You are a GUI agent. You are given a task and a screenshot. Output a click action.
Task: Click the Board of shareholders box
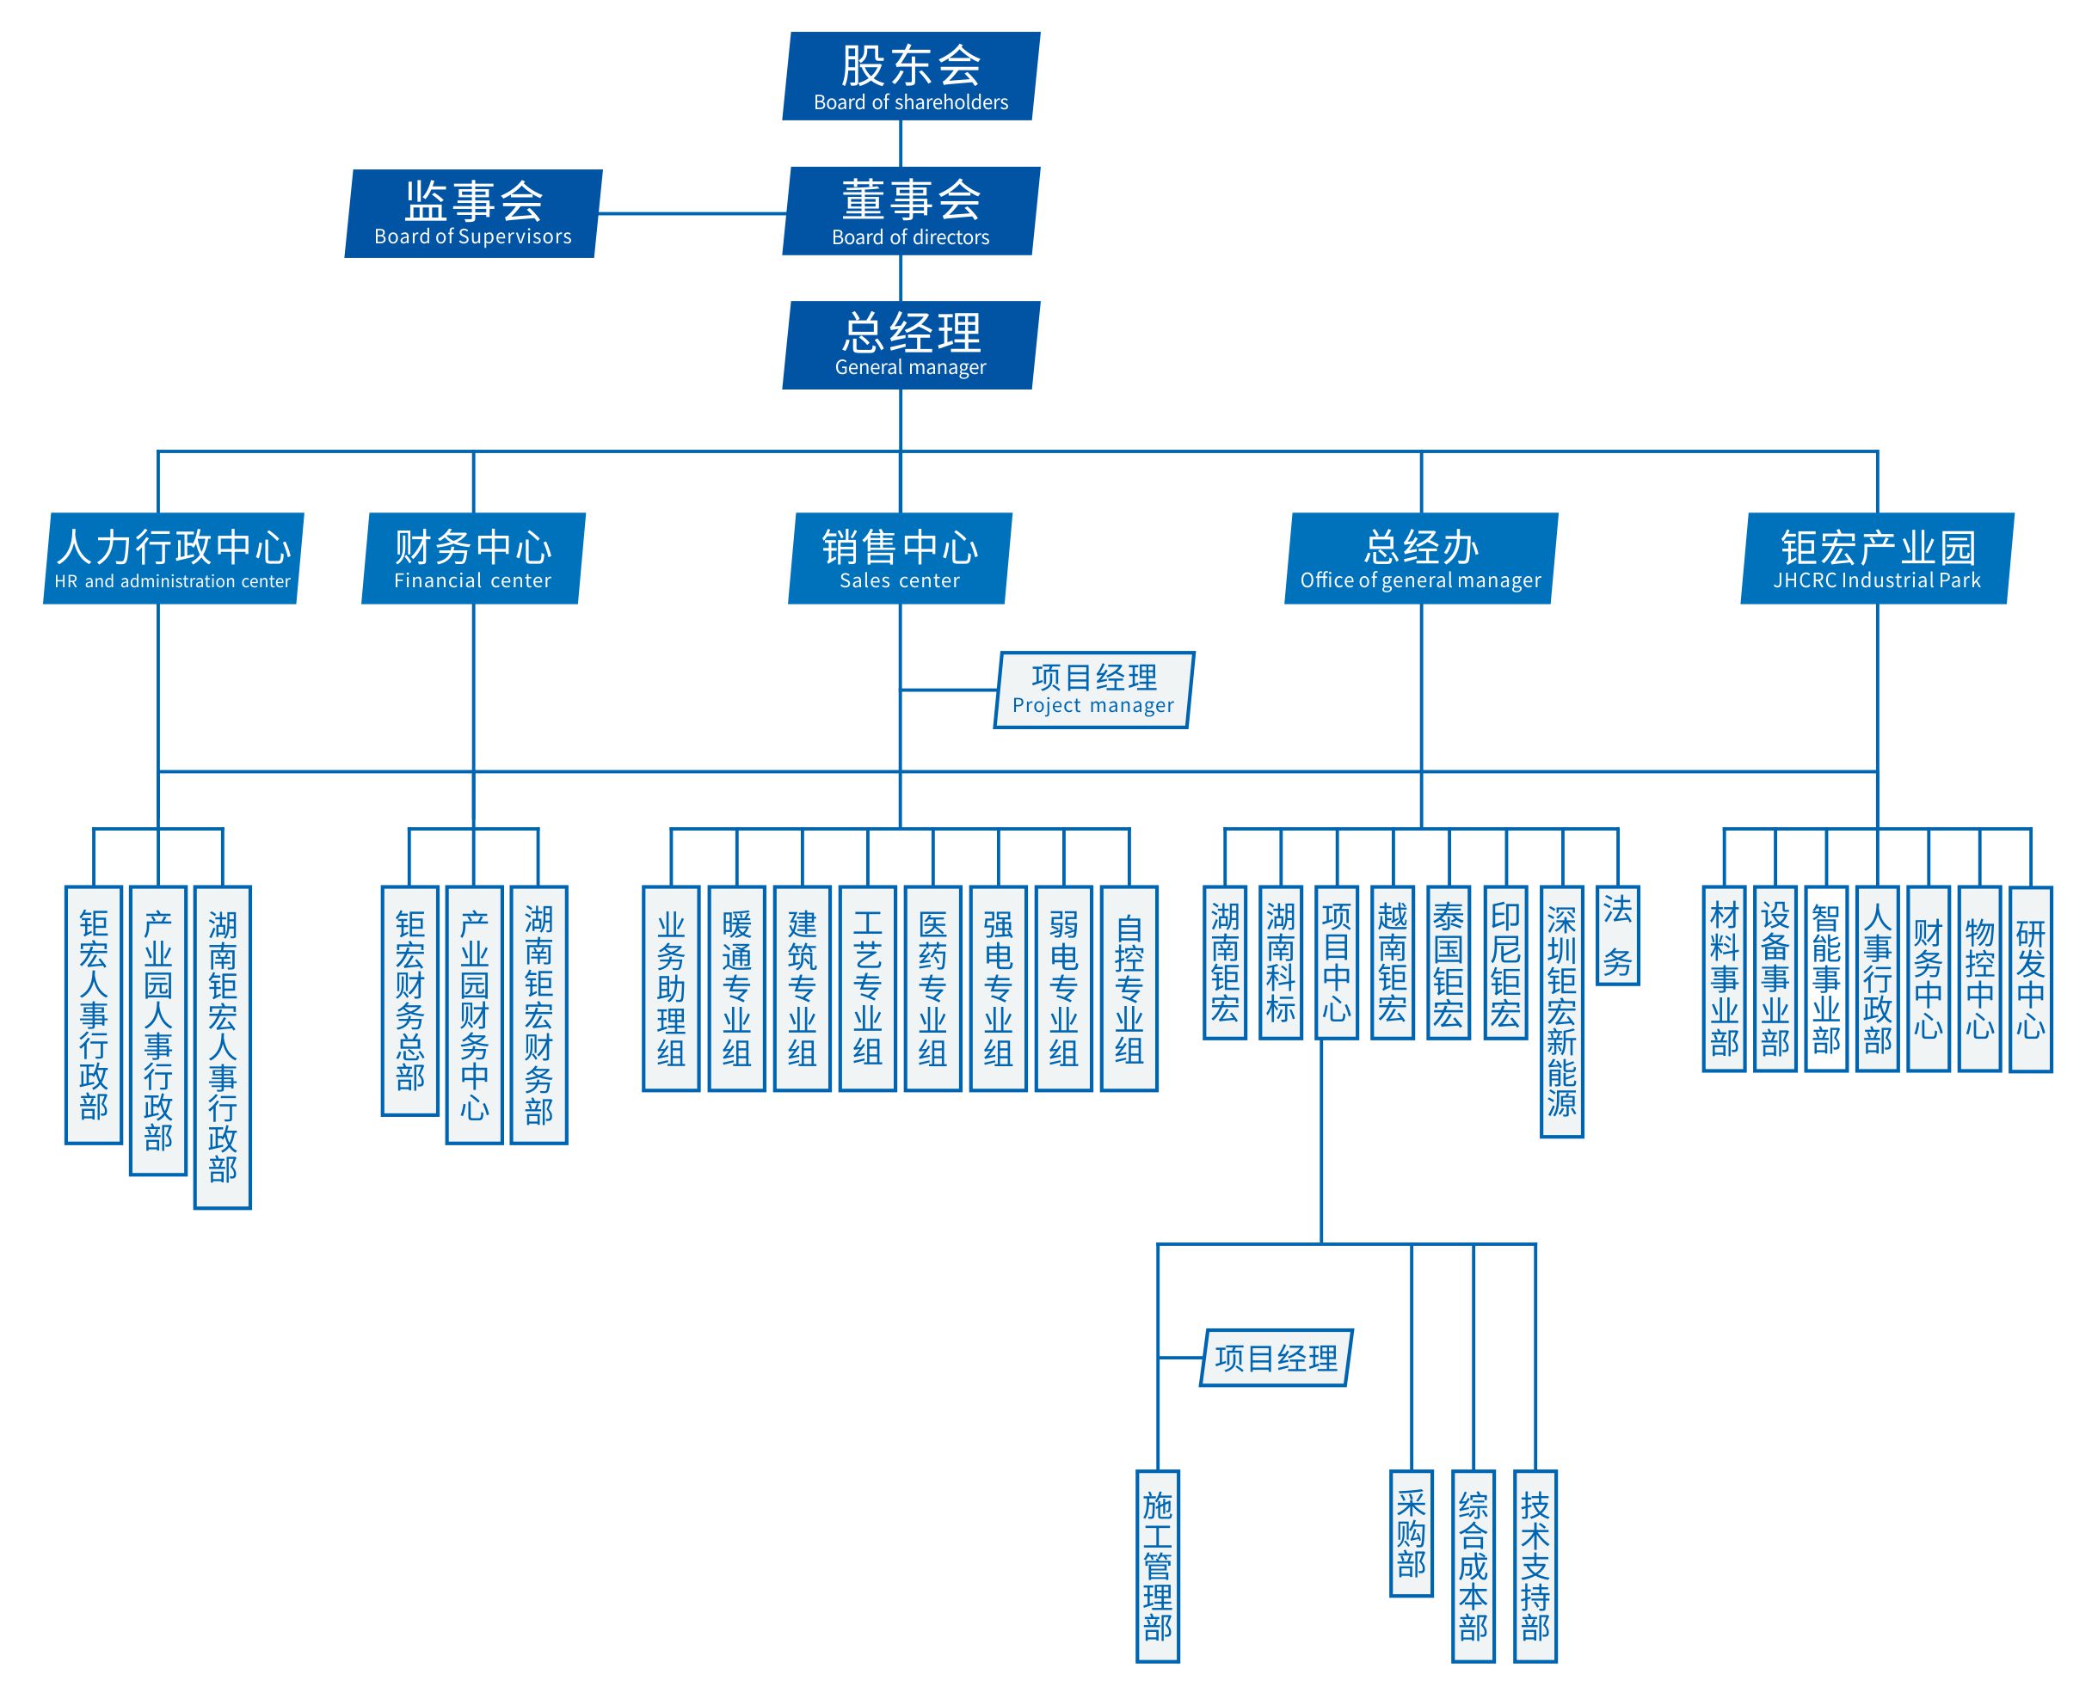(911, 76)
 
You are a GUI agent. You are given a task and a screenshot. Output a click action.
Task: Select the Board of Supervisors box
(473, 213)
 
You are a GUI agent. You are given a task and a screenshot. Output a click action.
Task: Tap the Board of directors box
(911, 211)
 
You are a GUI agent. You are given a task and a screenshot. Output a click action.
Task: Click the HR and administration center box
(174, 558)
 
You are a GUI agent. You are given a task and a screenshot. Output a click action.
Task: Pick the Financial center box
(473, 558)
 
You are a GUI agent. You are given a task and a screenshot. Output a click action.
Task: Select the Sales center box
(899, 558)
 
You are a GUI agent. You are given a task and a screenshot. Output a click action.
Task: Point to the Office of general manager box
(1420, 558)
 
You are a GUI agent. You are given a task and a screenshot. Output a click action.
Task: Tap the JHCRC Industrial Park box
(1877, 558)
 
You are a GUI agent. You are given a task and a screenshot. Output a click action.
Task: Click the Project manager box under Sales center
(1093, 690)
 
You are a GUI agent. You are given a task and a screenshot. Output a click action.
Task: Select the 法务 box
(1617, 935)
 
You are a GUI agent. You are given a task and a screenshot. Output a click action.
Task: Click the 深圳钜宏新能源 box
(1561, 1011)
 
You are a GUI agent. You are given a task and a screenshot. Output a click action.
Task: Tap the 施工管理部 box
(1158, 1565)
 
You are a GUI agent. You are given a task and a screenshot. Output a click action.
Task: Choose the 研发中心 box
(2031, 979)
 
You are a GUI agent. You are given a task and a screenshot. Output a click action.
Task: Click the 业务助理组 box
(671, 988)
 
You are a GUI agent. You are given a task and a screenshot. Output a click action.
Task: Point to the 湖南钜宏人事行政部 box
(223, 1047)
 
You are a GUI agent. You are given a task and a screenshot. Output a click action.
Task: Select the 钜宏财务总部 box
(409, 1001)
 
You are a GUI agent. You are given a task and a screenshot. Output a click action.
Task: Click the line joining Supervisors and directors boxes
(692, 213)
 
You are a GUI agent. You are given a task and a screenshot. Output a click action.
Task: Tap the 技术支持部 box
(1535, 1565)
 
